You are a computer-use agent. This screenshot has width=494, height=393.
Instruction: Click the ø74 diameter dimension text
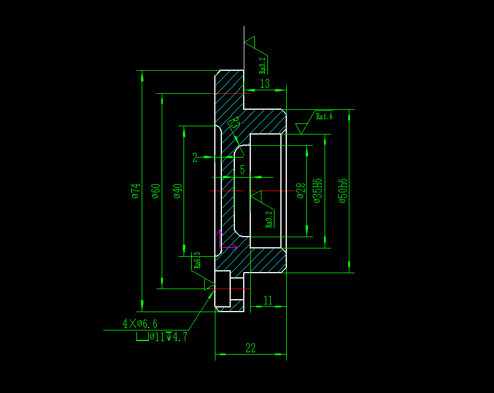click(x=135, y=191)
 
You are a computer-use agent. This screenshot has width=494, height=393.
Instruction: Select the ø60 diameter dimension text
click(x=155, y=191)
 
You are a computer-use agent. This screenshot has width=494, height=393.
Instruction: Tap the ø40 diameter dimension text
click(x=177, y=191)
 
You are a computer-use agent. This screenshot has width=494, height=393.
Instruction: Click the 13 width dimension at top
click(x=264, y=84)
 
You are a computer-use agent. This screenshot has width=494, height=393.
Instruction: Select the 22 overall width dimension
click(x=250, y=348)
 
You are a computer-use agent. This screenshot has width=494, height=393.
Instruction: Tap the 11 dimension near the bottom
click(x=268, y=300)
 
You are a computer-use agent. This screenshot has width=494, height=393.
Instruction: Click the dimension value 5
click(x=242, y=170)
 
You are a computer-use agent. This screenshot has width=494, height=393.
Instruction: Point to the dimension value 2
click(x=195, y=158)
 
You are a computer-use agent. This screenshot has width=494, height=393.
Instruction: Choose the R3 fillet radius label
click(x=233, y=123)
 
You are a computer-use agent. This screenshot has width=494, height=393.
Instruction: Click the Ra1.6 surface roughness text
click(x=325, y=116)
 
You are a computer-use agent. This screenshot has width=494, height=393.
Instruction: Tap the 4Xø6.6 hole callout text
click(x=140, y=323)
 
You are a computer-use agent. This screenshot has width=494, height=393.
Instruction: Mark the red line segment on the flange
click(x=231, y=93)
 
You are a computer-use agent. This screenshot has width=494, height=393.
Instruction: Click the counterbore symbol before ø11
click(x=142, y=337)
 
